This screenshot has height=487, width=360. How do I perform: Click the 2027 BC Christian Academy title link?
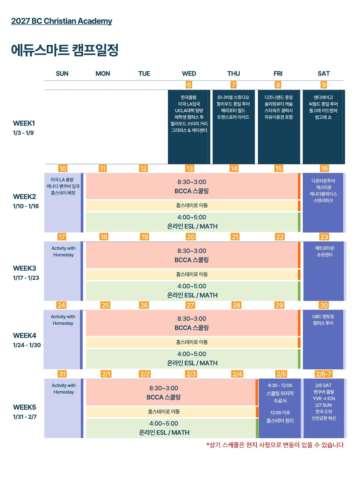point(61,21)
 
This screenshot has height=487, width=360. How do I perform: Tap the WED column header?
point(189,74)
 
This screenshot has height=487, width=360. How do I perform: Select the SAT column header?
point(324,74)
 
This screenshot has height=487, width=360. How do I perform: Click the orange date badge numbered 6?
point(189,85)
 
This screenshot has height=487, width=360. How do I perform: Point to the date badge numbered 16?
point(324,169)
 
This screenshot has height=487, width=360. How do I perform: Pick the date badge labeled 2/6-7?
point(323,374)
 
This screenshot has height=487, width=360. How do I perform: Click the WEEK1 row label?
point(24,124)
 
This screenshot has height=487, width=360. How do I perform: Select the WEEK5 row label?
point(24,407)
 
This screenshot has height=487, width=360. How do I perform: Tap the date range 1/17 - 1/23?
point(26,278)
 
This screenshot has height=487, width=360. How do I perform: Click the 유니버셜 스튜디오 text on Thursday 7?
point(233,97)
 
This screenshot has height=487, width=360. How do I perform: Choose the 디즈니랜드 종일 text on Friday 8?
point(278,97)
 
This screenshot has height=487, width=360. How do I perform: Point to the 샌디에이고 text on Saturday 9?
point(323,97)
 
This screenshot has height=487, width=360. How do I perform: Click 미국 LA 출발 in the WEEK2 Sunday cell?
point(62,180)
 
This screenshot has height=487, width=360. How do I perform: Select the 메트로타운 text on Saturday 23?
point(324,248)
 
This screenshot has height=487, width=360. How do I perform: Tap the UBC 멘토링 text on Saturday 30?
point(323,316)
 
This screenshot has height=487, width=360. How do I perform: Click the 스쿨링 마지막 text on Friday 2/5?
point(280,393)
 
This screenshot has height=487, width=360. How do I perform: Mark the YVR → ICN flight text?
point(324,398)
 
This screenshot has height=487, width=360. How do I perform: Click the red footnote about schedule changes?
point(275,445)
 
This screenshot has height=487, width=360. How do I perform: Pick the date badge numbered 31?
point(62,374)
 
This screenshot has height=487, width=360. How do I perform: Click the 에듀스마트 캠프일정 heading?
point(65,50)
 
